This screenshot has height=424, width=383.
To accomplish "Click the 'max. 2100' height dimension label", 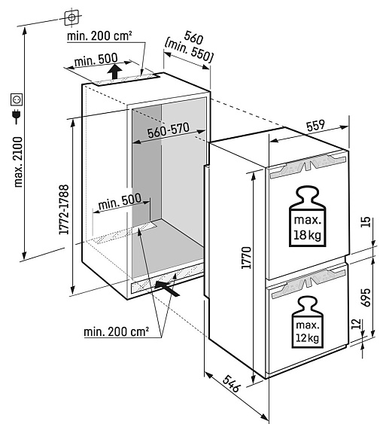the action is [x=19, y=162].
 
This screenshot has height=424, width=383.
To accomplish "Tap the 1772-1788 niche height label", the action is [x=64, y=209].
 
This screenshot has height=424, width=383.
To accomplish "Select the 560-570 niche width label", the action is [x=169, y=130].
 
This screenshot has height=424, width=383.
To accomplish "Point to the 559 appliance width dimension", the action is [x=315, y=126].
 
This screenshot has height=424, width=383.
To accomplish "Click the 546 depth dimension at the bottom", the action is [x=231, y=384].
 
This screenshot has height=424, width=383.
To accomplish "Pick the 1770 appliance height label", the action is [x=246, y=258].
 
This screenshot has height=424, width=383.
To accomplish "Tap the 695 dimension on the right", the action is [x=366, y=297].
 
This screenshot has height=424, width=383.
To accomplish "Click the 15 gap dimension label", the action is [x=366, y=222].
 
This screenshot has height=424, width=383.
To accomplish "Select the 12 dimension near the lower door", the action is [x=357, y=324].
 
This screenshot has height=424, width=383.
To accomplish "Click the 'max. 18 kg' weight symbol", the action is [x=307, y=216].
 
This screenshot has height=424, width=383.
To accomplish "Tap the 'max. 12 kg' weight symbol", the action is [x=307, y=322].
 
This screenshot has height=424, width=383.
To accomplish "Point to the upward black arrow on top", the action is [x=114, y=72].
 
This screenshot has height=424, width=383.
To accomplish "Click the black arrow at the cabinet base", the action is [x=168, y=288].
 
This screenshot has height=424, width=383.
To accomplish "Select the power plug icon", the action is [x=17, y=116].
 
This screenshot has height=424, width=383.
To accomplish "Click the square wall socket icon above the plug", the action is [x=17, y=99].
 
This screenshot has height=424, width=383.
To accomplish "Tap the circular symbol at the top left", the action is [x=71, y=17].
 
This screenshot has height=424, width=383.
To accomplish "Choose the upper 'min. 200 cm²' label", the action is [x=99, y=35].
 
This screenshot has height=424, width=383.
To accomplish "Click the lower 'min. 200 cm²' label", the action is [x=116, y=331].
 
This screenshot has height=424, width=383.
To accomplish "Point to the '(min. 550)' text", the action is [x=188, y=50].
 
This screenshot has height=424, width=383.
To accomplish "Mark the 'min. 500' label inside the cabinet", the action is [x=120, y=201].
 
